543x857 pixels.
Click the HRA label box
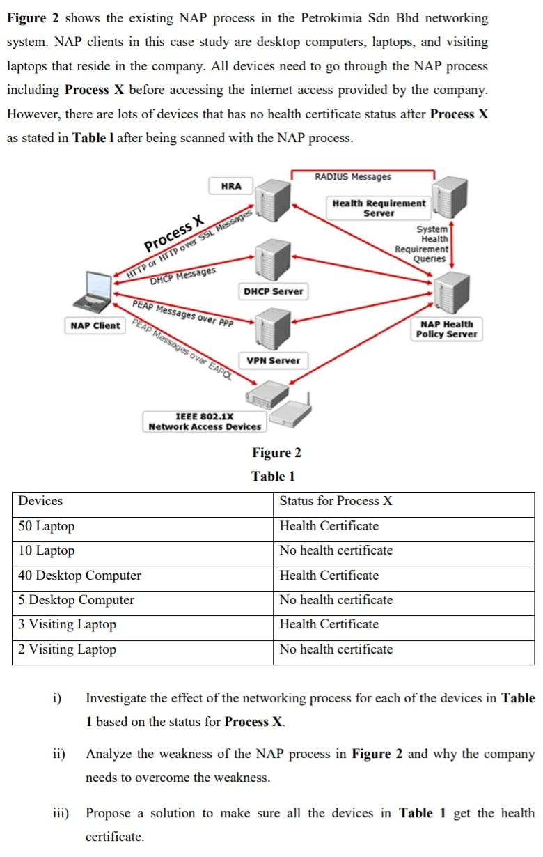pyautogui.click(x=230, y=186)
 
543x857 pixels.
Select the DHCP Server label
pyautogui.click(x=274, y=291)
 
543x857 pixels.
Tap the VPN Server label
pyautogui.click(x=273, y=360)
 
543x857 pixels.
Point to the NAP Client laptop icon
pyautogui.click(x=94, y=293)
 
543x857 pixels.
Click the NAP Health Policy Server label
pyautogui.click(x=446, y=329)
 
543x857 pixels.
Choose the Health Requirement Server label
pyautogui.click(x=379, y=208)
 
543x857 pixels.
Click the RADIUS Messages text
pyautogui.click(x=353, y=177)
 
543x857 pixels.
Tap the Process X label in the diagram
pyautogui.click(x=174, y=234)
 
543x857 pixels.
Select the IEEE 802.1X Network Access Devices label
pyautogui.click(x=205, y=422)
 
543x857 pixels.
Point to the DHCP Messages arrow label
pyautogui.click(x=183, y=276)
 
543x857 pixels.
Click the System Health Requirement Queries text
pyautogui.click(x=423, y=244)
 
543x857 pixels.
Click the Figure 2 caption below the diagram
pyautogui.click(x=276, y=453)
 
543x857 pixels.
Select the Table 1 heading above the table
pyautogui.click(x=273, y=477)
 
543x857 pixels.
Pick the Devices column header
pyautogui.click(x=40, y=501)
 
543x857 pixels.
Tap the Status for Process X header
pyautogui.click(x=336, y=501)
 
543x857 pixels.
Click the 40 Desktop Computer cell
pyautogui.click(x=79, y=576)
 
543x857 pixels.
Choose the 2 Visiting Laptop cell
pyautogui.click(x=68, y=649)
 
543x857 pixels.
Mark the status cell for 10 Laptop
pyautogui.click(x=336, y=550)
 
